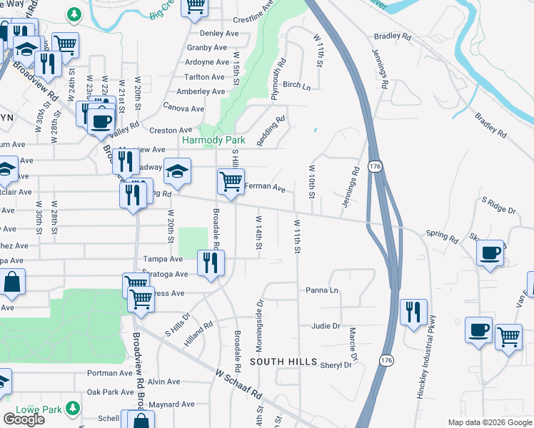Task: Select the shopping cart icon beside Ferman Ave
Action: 231,182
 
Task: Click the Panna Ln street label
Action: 321,290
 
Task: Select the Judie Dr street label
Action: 326,326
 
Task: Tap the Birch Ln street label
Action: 297,85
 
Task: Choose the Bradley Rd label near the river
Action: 393,36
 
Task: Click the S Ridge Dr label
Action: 498,209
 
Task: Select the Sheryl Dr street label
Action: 337,365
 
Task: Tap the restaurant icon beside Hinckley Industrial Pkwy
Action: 413,312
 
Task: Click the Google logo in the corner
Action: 24,419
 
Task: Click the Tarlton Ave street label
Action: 204,77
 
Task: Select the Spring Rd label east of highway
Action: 441,235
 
